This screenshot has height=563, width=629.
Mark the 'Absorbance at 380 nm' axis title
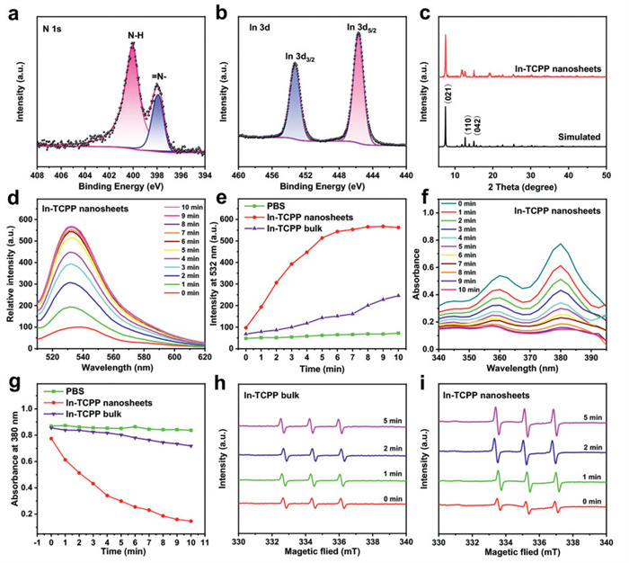(10, 460)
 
